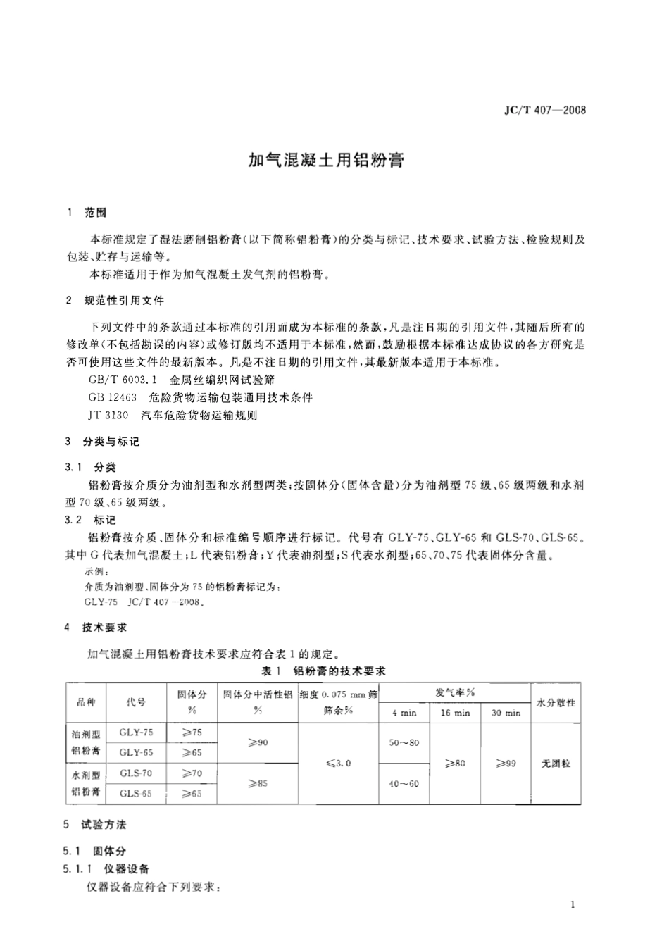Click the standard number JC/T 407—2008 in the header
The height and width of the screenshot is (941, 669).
click(545, 110)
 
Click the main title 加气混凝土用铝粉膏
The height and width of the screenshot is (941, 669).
click(326, 161)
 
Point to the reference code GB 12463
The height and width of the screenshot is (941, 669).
click(112, 397)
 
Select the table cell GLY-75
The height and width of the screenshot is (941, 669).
click(136, 733)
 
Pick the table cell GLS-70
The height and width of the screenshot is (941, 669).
click(136, 773)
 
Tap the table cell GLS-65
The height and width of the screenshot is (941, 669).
click(136, 793)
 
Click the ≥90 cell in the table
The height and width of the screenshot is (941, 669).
click(258, 742)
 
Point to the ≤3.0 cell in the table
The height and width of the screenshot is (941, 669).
click(339, 764)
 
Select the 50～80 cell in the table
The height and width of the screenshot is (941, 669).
click(404, 743)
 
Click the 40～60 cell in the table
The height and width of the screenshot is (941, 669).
click(404, 783)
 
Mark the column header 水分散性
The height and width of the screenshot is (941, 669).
click(556, 702)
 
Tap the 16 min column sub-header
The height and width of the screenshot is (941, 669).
click(455, 713)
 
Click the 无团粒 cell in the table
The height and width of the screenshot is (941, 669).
click(556, 764)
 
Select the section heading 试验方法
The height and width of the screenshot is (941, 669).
click(104, 825)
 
